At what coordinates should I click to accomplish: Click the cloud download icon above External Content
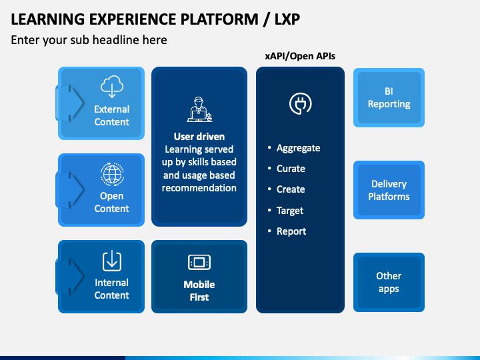(x=112, y=86)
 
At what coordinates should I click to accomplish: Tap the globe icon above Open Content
(x=112, y=174)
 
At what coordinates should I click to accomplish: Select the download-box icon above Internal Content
(x=112, y=261)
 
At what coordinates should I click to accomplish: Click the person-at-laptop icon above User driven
(x=199, y=109)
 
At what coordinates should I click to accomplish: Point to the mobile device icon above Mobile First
(x=199, y=263)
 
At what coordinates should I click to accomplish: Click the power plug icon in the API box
(x=300, y=103)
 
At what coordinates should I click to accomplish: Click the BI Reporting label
(x=389, y=98)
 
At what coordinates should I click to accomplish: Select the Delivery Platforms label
(x=389, y=190)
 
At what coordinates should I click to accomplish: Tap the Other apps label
(x=389, y=283)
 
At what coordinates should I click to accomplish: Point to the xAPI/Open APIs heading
(x=300, y=56)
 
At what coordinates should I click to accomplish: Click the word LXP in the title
(x=287, y=19)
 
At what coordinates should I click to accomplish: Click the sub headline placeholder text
(x=89, y=40)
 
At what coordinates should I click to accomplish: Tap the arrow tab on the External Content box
(x=69, y=103)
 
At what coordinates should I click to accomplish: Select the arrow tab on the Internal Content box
(x=69, y=276)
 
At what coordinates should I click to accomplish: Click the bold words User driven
(x=199, y=137)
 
